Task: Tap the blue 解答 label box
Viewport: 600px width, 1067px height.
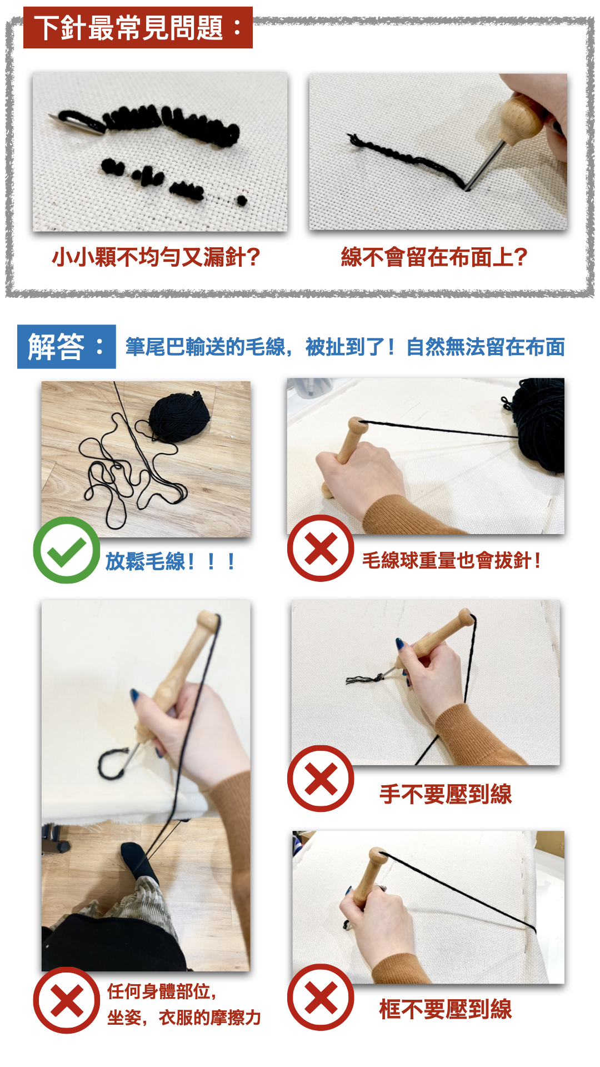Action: [x=67, y=347]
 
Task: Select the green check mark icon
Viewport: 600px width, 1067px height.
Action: [x=66, y=550]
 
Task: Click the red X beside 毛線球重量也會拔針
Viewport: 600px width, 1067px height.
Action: [x=321, y=549]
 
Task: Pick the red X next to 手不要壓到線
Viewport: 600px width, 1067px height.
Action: [x=321, y=779]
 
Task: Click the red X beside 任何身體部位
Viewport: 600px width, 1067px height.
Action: [x=67, y=1000]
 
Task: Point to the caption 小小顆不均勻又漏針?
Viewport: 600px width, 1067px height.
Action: [x=156, y=257]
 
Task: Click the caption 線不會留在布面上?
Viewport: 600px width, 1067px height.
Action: [x=434, y=257]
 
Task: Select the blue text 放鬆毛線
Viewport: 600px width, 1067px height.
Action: [x=146, y=561]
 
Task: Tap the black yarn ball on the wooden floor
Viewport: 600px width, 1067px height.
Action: [x=179, y=417]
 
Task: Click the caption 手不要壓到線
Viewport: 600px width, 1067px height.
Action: [x=446, y=794]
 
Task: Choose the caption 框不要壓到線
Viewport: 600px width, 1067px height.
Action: [x=446, y=1009]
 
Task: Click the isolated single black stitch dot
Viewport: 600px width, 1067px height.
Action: [x=241, y=200]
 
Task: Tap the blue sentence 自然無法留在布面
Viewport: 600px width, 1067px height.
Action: [x=486, y=347]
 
